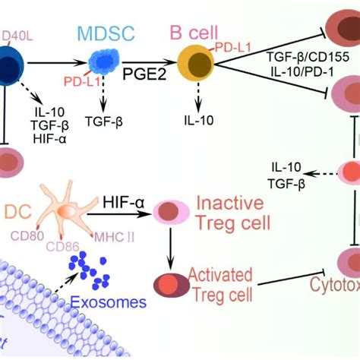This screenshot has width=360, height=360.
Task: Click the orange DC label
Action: pyautogui.click(x=17, y=209)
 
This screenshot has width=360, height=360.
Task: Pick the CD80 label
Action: pyautogui.click(x=26, y=235)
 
